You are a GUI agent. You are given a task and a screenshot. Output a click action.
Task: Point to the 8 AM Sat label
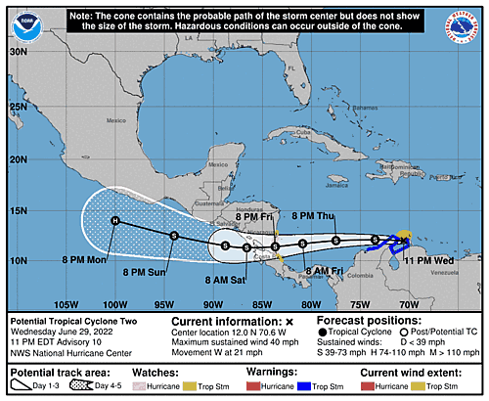click(227, 281)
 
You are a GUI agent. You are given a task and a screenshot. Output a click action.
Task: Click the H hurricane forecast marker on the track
click(115, 221)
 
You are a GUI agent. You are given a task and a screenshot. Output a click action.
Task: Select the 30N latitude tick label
click(17, 51)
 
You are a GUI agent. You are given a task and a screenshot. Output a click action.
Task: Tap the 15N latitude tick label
click(17, 208)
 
